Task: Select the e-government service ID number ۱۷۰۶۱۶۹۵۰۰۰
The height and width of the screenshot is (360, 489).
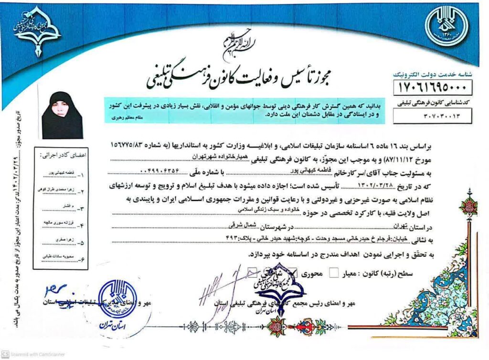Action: pos(432,87)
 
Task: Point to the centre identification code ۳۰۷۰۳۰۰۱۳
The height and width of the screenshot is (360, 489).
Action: pos(432,116)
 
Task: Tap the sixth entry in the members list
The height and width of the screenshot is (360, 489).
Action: pos(60,258)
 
